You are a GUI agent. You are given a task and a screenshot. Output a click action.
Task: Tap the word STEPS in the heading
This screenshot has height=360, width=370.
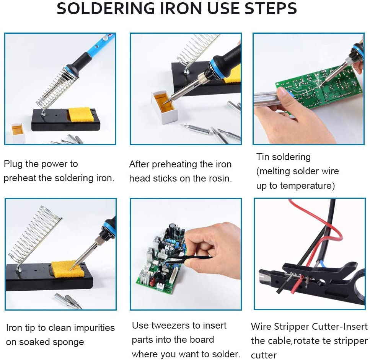tap(271, 8)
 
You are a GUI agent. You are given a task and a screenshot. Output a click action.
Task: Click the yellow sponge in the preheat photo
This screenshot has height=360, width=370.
tap(80, 115)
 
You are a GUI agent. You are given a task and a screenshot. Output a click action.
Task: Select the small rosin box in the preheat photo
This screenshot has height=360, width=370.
tap(18, 133)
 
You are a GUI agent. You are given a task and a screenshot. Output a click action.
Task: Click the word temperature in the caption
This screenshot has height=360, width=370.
tap(306, 186)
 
